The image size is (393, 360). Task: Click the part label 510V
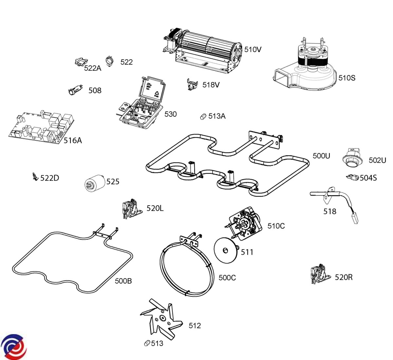coord(253,50)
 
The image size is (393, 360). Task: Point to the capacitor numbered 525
coord(94,183)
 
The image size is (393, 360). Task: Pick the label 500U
coord(321,156)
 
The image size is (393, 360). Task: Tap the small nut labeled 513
coord(147,343)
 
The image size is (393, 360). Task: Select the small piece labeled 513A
coord(203,117)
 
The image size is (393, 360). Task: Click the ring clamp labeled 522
coord(110,61)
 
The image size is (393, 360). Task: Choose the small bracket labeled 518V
coord(192,85)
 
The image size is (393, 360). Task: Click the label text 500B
coord(123,281)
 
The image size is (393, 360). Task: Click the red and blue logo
coord(14,347)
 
